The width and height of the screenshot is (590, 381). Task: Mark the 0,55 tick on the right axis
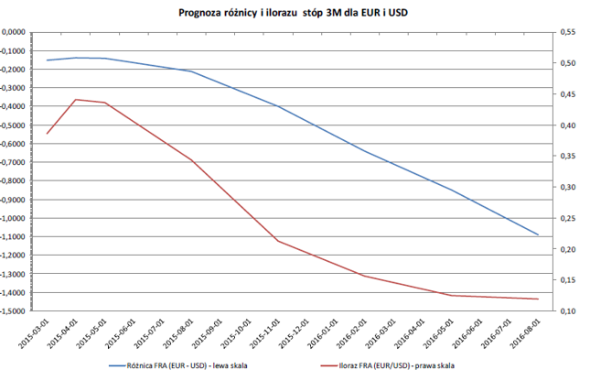(568, 32)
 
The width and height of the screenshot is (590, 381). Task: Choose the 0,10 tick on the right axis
(568, 311)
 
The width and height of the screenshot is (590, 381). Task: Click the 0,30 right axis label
(568, 187)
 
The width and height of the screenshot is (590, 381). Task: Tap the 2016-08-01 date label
(524, 333)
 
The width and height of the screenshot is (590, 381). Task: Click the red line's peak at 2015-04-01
(75, 99)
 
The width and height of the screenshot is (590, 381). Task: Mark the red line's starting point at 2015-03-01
(47, 134)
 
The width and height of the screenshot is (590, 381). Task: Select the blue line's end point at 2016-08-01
(538, 235)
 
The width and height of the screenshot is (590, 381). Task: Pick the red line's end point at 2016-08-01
(538, 299)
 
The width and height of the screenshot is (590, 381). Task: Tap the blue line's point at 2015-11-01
(278, 106)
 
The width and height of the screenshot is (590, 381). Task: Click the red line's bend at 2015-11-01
(278, 241)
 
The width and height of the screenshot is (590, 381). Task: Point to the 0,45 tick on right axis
(568, 93)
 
